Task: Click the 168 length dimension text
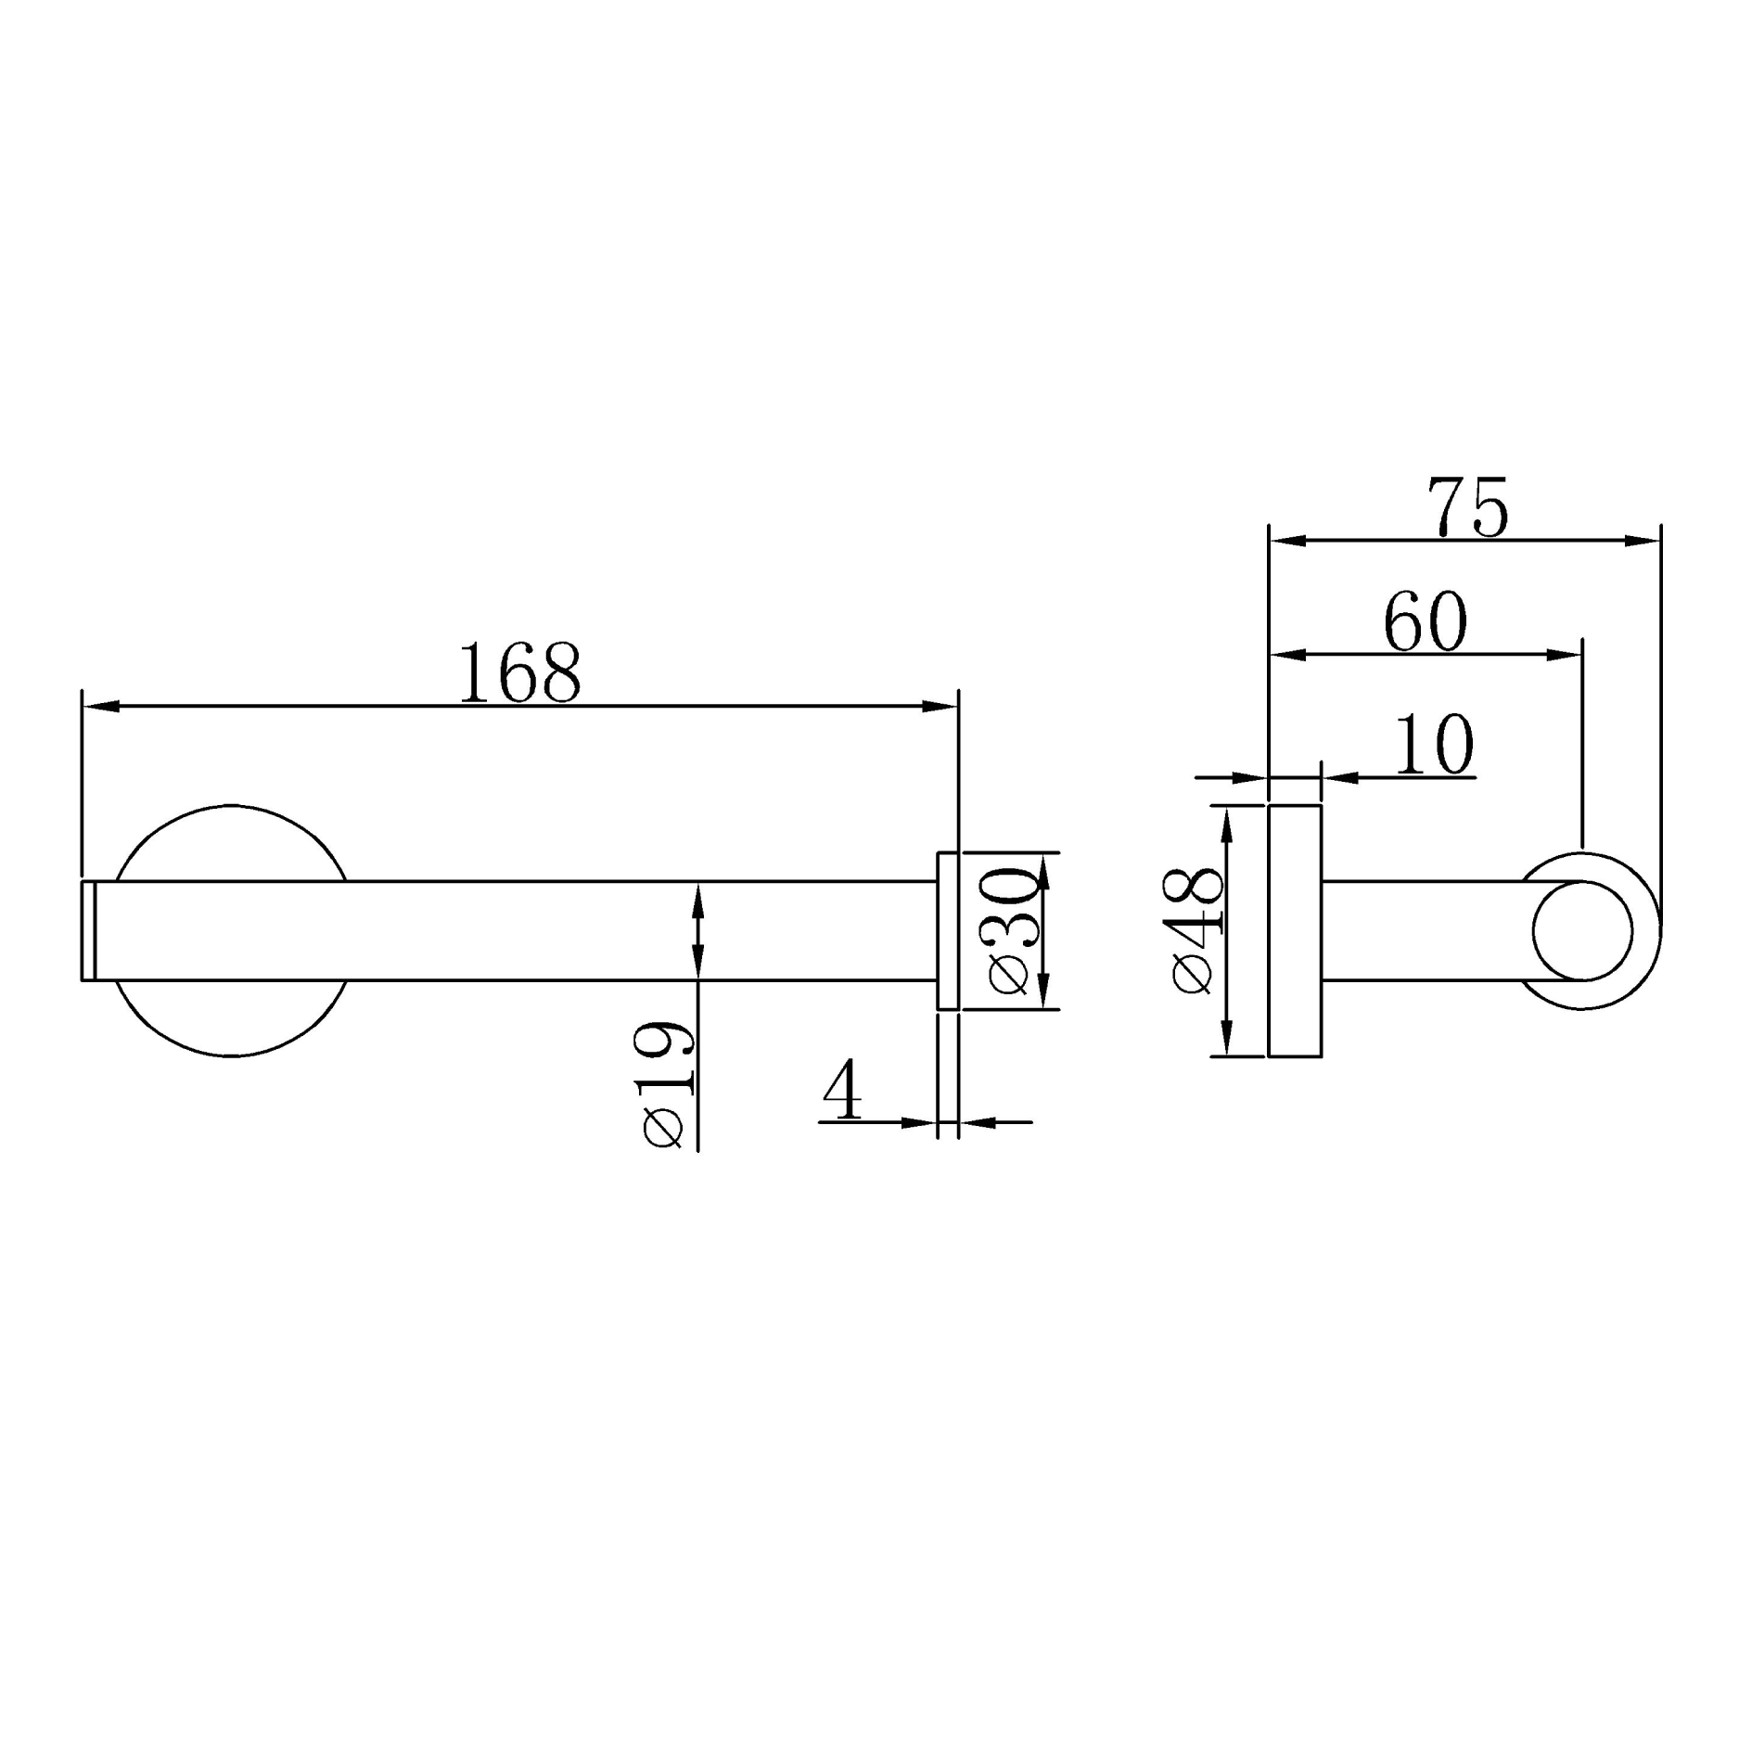(519, 672)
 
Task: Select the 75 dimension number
(1467, 507)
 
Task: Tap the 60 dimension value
(1425, 622)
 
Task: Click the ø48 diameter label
(1196, 930)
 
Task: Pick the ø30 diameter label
(1010, 930)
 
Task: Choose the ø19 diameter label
(665, 1085)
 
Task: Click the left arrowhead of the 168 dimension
(100, 707)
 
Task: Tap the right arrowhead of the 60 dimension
(1565, 655)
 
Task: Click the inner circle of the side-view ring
(1582, 930)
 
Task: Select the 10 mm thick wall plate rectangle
(1295, 930)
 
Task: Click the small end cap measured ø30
(948, 930)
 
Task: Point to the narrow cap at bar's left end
(89, 930)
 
